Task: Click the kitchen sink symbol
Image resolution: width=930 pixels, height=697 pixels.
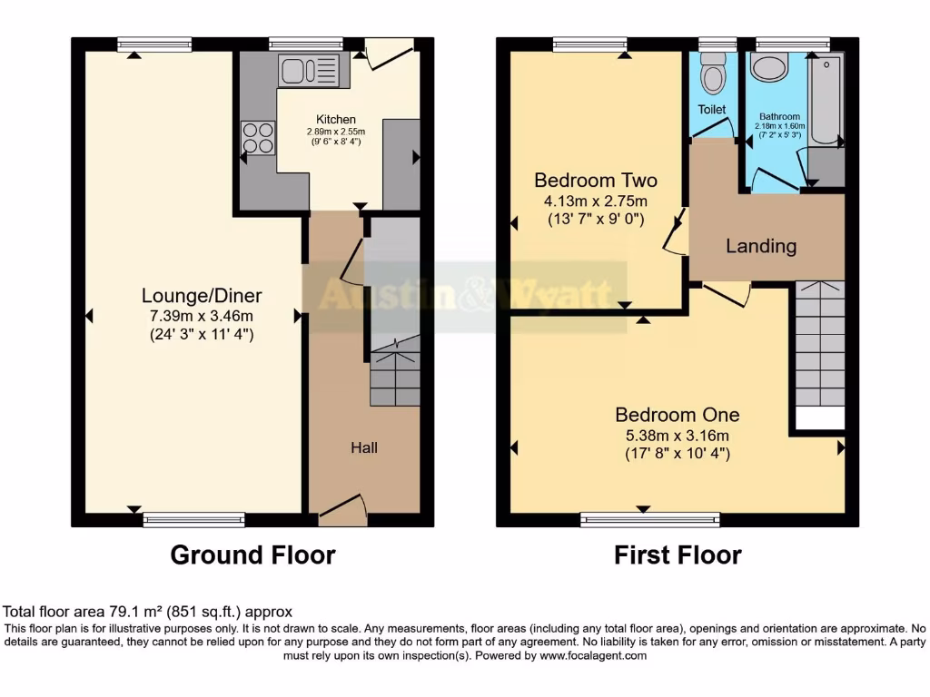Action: coord(309,70)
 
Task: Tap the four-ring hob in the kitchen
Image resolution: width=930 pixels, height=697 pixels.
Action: coord(258,137)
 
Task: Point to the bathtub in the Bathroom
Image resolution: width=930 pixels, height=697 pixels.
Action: coord(826,100)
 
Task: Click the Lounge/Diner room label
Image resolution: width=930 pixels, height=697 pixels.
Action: coord(202,295)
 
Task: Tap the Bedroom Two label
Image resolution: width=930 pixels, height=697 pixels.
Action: coord(595,180)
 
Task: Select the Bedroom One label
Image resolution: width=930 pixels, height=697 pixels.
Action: coord(677,415)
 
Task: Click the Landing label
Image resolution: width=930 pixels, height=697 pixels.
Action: coord(761,246)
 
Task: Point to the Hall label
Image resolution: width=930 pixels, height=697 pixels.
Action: coord(364,447)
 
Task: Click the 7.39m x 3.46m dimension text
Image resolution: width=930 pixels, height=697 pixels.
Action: coord(202,315)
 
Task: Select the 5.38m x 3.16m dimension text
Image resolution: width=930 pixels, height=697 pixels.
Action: coord(677,435)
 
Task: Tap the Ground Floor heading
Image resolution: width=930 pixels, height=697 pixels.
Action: coord(252,555)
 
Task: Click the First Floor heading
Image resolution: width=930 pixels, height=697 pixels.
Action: coord(678,555)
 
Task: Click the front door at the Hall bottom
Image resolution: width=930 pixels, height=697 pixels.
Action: coord(343,510)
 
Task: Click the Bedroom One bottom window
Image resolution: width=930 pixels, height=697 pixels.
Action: coord(650,520)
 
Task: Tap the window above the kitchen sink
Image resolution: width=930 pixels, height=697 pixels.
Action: coord(306,43)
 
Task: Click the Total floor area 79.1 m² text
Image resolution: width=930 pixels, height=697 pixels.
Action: coord(148,612)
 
